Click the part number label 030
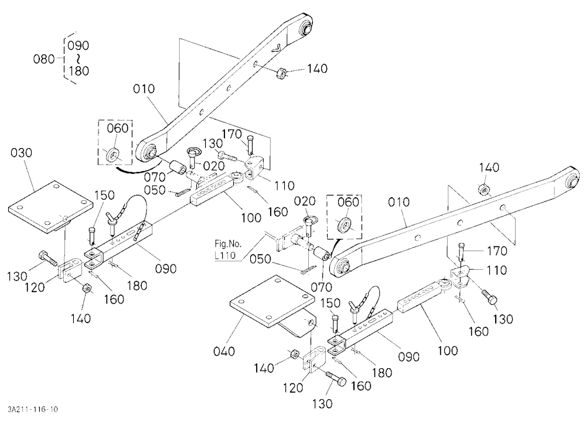(21, 153)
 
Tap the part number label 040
(224, 351)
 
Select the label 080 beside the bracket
(44, 59)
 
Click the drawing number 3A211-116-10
(32, 409)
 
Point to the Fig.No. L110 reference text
(228, 249)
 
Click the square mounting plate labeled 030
(50, 207)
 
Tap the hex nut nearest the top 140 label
(280, 73)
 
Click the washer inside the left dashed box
(113, 155)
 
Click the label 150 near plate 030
(104, 196)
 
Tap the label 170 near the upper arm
(232, 133)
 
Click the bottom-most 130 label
(322, 403)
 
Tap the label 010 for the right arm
(398, 202)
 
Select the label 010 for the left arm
(144, 89)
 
